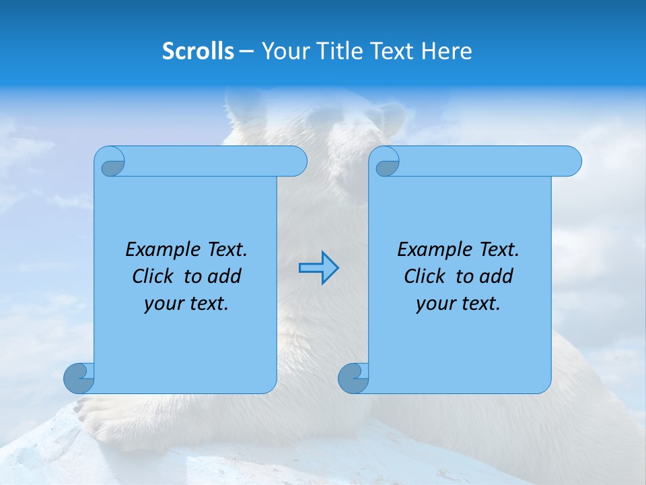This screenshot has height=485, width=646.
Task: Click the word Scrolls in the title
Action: click(x=198, y=51)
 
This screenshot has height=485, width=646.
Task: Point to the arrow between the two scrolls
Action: click(x=318, y=268)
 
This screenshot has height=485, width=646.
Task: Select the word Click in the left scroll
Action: click(x=153, y=277)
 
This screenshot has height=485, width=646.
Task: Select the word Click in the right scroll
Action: click(x=425, y=277)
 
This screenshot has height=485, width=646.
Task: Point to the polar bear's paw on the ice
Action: click(x=101, y=414)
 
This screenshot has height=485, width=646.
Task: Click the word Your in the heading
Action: click(x=283, y=51)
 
